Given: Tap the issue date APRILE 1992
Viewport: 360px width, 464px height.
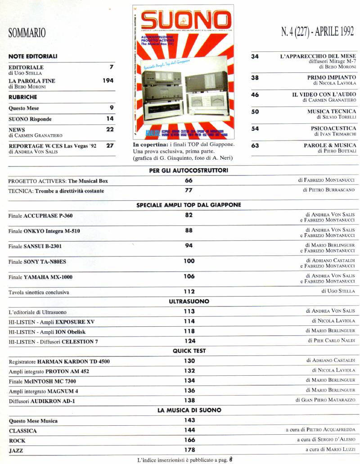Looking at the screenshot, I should (x=335, y=32).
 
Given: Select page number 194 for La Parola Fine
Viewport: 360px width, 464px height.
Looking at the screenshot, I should (x=108, y=81).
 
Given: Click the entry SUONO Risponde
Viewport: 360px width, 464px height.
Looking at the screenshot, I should (x=30, y=119).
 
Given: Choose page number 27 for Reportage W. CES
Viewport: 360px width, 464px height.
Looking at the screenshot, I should (x=110, y=145).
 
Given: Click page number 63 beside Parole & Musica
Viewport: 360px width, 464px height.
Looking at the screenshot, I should (x=255, y=145).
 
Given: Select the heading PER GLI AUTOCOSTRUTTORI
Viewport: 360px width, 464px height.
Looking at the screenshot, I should (x=189, y=171).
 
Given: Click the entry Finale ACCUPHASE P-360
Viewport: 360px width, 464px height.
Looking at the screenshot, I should (x=40, y=216).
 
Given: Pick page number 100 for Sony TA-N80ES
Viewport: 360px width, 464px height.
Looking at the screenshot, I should (x=189, y=261).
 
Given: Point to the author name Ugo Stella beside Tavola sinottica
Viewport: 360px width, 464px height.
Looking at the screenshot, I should (x=338, y=291).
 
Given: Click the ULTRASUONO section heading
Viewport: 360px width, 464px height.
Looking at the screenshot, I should (x=189, y=301).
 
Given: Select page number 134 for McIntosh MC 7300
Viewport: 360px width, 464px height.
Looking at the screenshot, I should (x=189, y=380).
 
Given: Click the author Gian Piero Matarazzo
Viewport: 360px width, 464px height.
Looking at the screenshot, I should (x=325, y=400).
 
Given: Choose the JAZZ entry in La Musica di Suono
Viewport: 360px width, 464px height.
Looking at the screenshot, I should (x=17, y=450).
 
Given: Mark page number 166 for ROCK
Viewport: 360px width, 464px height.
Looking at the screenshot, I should (x=189, y=440).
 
